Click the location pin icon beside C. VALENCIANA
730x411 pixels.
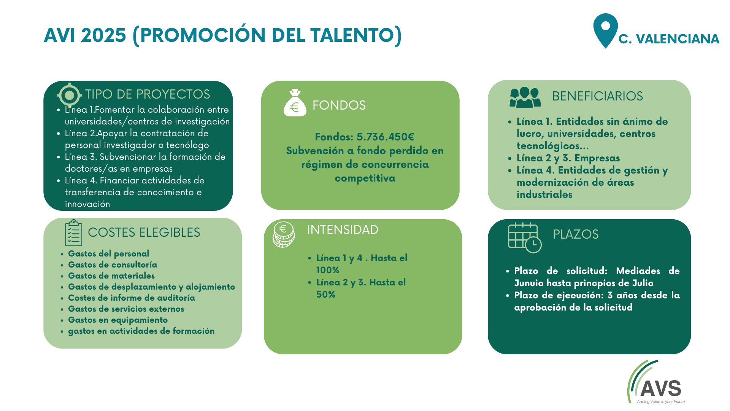click(x=605, y=30)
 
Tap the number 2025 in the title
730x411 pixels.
click(x=103, y=35)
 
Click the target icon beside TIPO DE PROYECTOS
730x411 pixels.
click(x=69, y=94)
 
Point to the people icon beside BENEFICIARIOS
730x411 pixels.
click(x=525, y=97)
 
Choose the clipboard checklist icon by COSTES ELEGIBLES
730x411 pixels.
click(x=73, y=233)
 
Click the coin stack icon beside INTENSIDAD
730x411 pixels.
click(x=284, y=234)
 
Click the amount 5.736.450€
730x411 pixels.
click(x=386, y=137)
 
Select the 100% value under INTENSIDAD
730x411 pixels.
click(x=328, y=270)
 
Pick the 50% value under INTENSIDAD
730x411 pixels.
click(x=326, y=295)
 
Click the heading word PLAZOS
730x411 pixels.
click(x=576, y=234)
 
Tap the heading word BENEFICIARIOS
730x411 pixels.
click(x=597, y=96)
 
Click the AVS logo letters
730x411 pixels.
click(x=661, y=388)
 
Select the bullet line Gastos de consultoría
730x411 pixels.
click(x=113, y=265)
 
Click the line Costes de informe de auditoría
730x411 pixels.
click(x=132, y=298)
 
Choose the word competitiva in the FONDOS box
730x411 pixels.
click(x=365, y=178)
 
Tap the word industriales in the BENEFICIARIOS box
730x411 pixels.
click(x=544, y=194)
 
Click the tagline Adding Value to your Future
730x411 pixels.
click(x=661, y=401)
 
